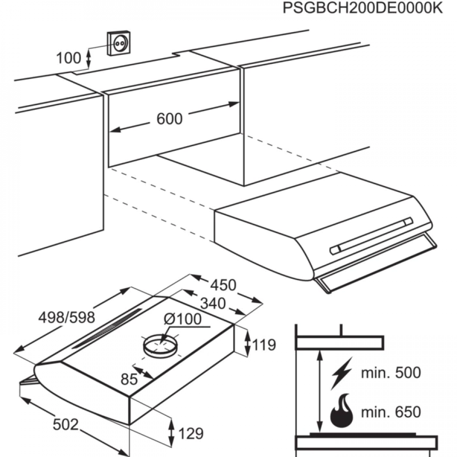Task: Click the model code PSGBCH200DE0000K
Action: point(362,8)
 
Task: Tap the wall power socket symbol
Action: point(119,43)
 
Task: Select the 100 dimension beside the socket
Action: point(69,58)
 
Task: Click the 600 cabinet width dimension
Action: point(170,119)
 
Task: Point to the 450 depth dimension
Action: point(223,285)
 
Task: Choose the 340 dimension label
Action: point(213,303)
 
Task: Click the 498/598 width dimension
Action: point(67,318)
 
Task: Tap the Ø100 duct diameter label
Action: point(183,319)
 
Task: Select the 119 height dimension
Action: point(264,345)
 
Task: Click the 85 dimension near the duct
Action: point(129,379)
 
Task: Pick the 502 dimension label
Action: point(65,425)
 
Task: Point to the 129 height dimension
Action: point(191,433)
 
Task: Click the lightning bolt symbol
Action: point(341,373)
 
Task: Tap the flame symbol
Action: point(341,411)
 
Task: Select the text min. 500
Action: point(391,372)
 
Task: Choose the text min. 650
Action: point(391,412)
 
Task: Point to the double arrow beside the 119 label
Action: point(247,343)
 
